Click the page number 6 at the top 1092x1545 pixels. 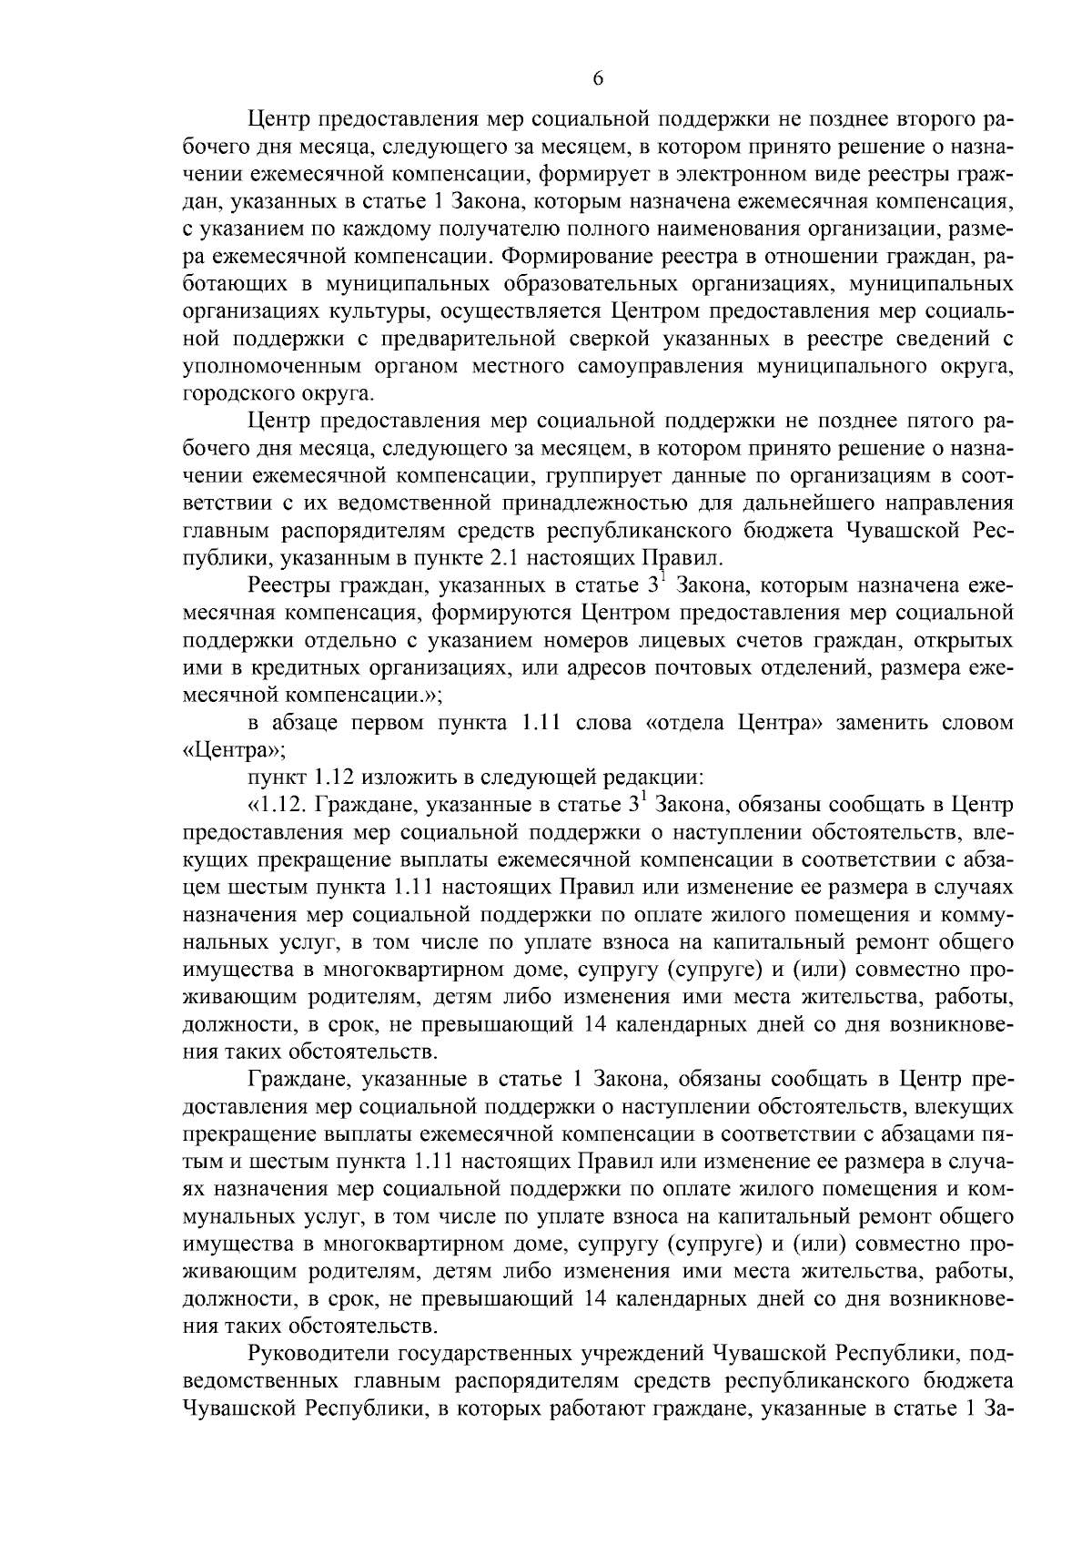tap(598, 79)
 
